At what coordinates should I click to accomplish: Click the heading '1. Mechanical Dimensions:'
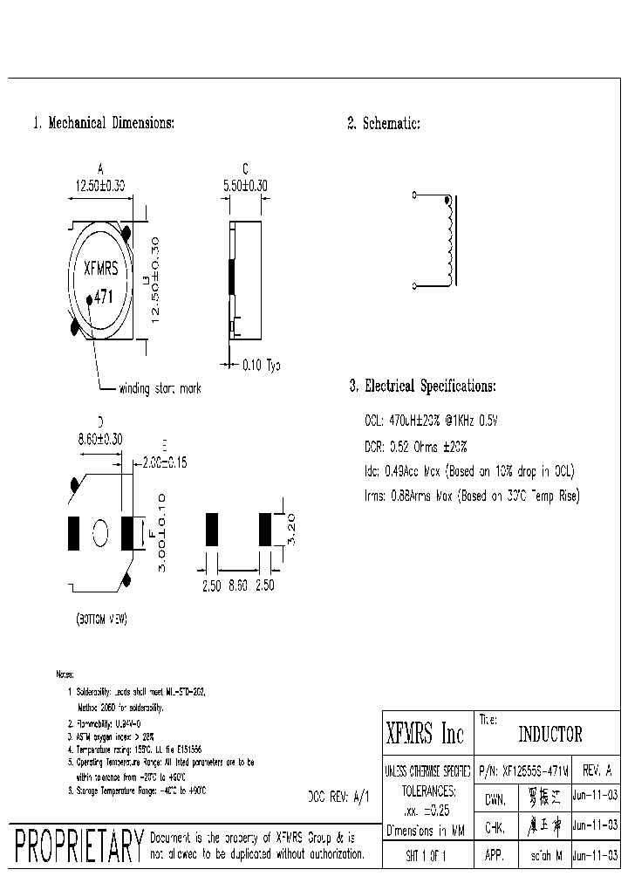pos(104,123)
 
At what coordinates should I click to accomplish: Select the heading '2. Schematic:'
pos(384,124)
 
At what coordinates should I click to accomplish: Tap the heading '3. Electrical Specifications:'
pos(422,386)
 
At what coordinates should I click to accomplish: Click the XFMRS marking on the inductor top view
pos(100,270)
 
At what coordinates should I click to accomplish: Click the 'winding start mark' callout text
pos(160,388)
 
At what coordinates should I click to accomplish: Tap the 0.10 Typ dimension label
pos(259,364)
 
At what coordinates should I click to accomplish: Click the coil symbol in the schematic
pos(448,241)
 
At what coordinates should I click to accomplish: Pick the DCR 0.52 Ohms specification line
pos(416,447)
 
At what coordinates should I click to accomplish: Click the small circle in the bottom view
pos(100,531)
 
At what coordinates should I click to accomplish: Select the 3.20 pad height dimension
pos(291,527)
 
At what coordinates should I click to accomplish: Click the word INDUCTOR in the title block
pos(550,735)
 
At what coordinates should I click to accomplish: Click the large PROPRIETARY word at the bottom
pos(78,845)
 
